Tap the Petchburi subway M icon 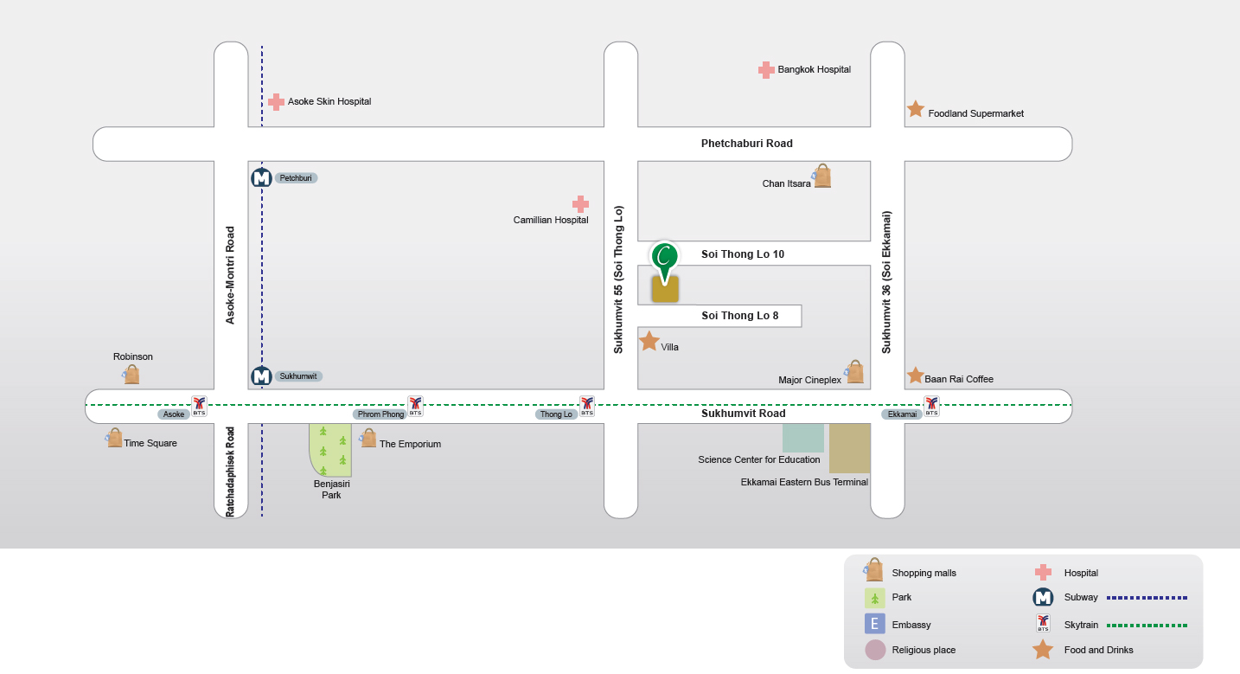pos(261,178)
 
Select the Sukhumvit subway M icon pos(261,376)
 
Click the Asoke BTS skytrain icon pos(199,405)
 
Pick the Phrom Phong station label pos(380,414)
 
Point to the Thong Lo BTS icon pos(587,405)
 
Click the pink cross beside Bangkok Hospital pos(765,70)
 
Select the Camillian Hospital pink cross pos(580,204)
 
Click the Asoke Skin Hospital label pos(329,101)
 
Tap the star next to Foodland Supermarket pos(915,109)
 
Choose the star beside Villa pos(649,342)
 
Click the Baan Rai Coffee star pos(915,376)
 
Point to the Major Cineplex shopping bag pos(854,372)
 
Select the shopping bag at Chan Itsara pos(821,177)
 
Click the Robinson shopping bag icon pos(131,374)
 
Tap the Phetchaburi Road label pos(746,144)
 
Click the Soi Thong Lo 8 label pos(739,316)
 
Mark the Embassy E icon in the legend pos(875,624)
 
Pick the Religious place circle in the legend pos(875,650)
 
